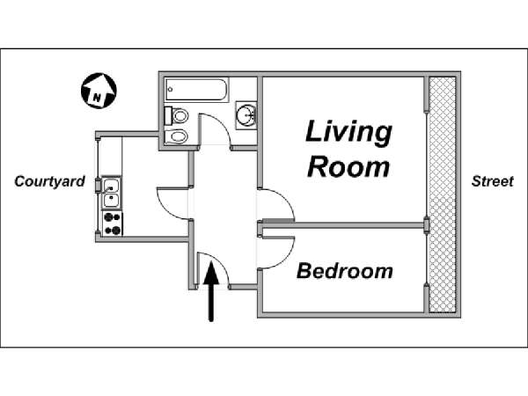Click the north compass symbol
[x=99, y=91]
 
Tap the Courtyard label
[x=49, y=181]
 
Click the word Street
[x=492, y=181]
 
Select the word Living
[x=348, y=132]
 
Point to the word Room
[x=348, y=166]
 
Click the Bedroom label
[x=344, y=271]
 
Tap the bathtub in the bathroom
[x=197, y=90]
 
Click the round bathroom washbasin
[x=246, y=115]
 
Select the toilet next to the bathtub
[x=177, y=116]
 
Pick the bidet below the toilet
[x=176, y=136]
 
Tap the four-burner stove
[x=113, y=224]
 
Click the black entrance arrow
[x=211, y=291]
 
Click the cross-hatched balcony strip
[x=443, y=194]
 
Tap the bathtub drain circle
[x=171, y=89]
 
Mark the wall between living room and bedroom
[x=342, y=225]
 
